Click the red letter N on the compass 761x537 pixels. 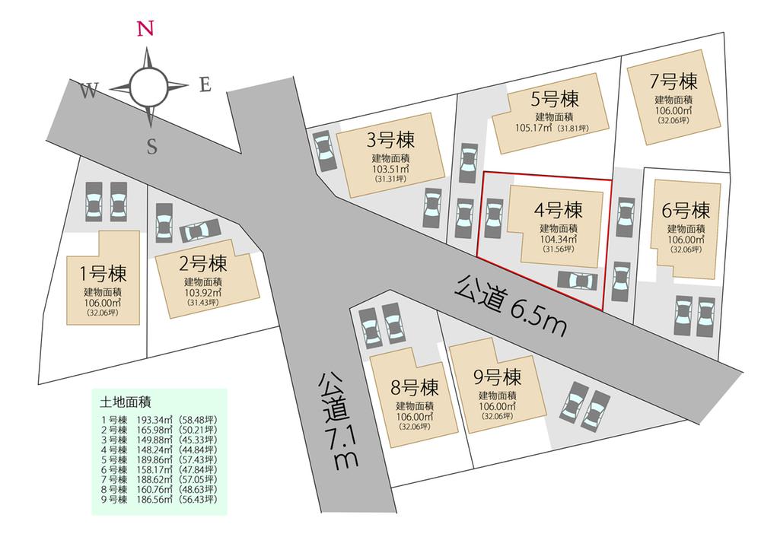point(146,29)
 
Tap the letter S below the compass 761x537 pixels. point(151,148)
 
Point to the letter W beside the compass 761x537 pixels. point(88,91)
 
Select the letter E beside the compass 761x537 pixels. point(204,84)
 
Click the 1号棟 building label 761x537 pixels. point(102,274)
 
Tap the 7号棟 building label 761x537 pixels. point(673,81)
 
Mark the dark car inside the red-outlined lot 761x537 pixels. point(578,281)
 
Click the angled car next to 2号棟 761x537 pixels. point(200,230)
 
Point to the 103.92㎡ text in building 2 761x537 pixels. point(202,292)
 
